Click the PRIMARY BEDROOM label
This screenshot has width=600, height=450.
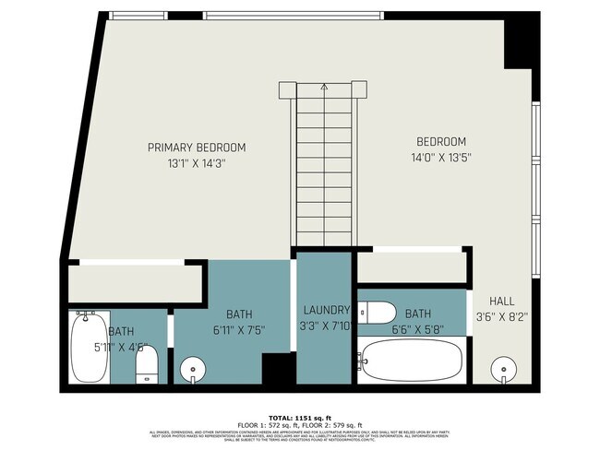pos(197,147)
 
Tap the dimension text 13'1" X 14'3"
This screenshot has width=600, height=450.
pos(197,163)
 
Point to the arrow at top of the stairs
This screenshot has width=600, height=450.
pos(324,88)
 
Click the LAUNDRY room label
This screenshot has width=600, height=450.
pos(325,311)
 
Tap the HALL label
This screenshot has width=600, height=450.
pos(501,302)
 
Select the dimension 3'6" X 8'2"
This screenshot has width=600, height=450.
pos(501,318)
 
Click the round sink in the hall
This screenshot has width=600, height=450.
pos(503,367)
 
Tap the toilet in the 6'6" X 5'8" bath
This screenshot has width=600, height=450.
pos(378,313)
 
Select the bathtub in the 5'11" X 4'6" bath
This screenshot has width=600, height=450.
pos(89,349)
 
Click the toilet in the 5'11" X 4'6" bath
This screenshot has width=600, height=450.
pos(148,364)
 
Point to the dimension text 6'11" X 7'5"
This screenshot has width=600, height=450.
pos(233,330)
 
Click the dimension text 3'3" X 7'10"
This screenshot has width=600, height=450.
pos(325,325)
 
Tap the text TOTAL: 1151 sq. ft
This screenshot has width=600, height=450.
pos(299,416)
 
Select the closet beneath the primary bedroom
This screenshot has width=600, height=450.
pos(133,282)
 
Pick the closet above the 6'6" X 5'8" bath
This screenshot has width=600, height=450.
pos(410,266)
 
